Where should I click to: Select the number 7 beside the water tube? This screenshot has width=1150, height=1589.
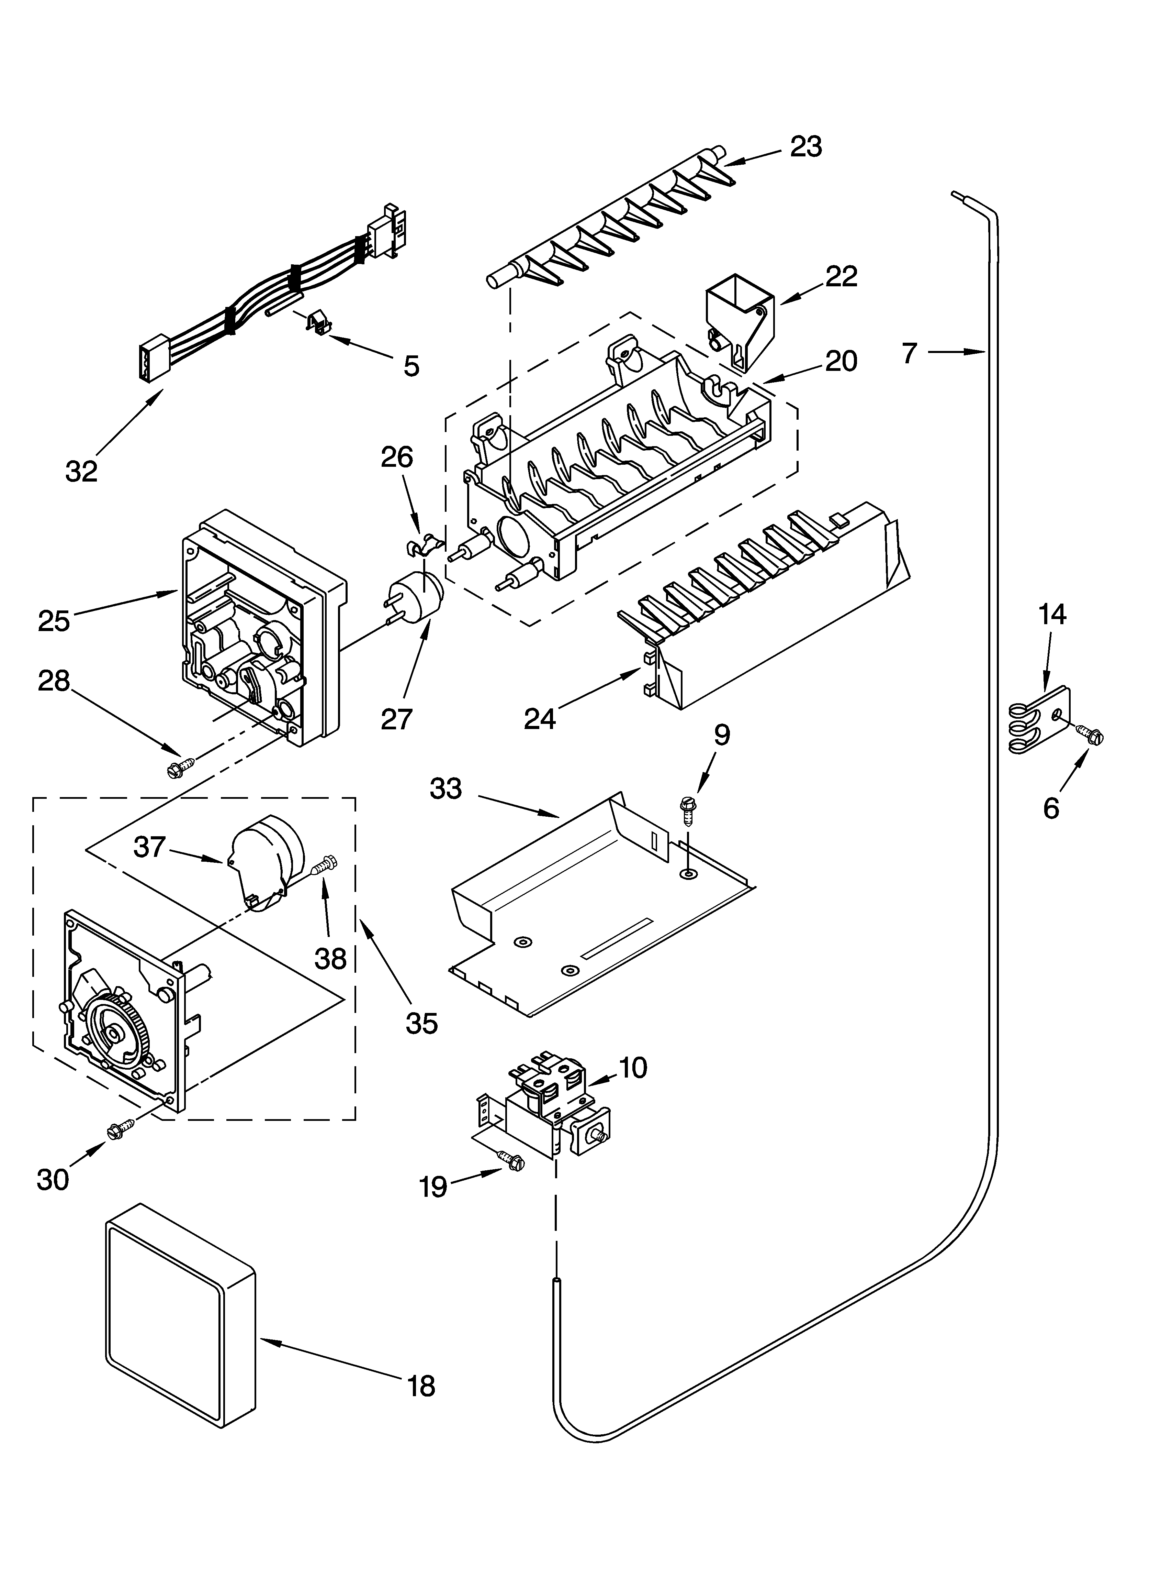click(909, 353)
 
